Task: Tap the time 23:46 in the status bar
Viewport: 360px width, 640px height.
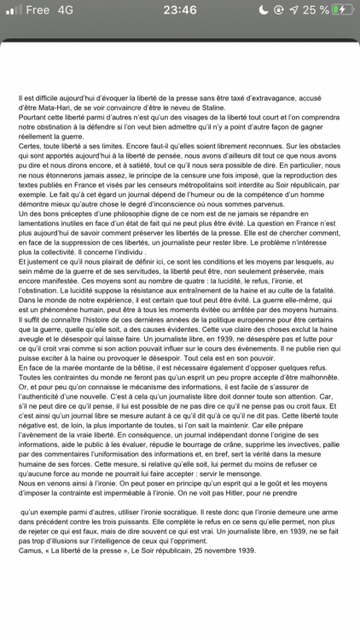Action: pyautogui.click(x=179, y=10)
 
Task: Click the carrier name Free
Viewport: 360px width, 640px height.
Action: pyautogui.click(x=38, y=10)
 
